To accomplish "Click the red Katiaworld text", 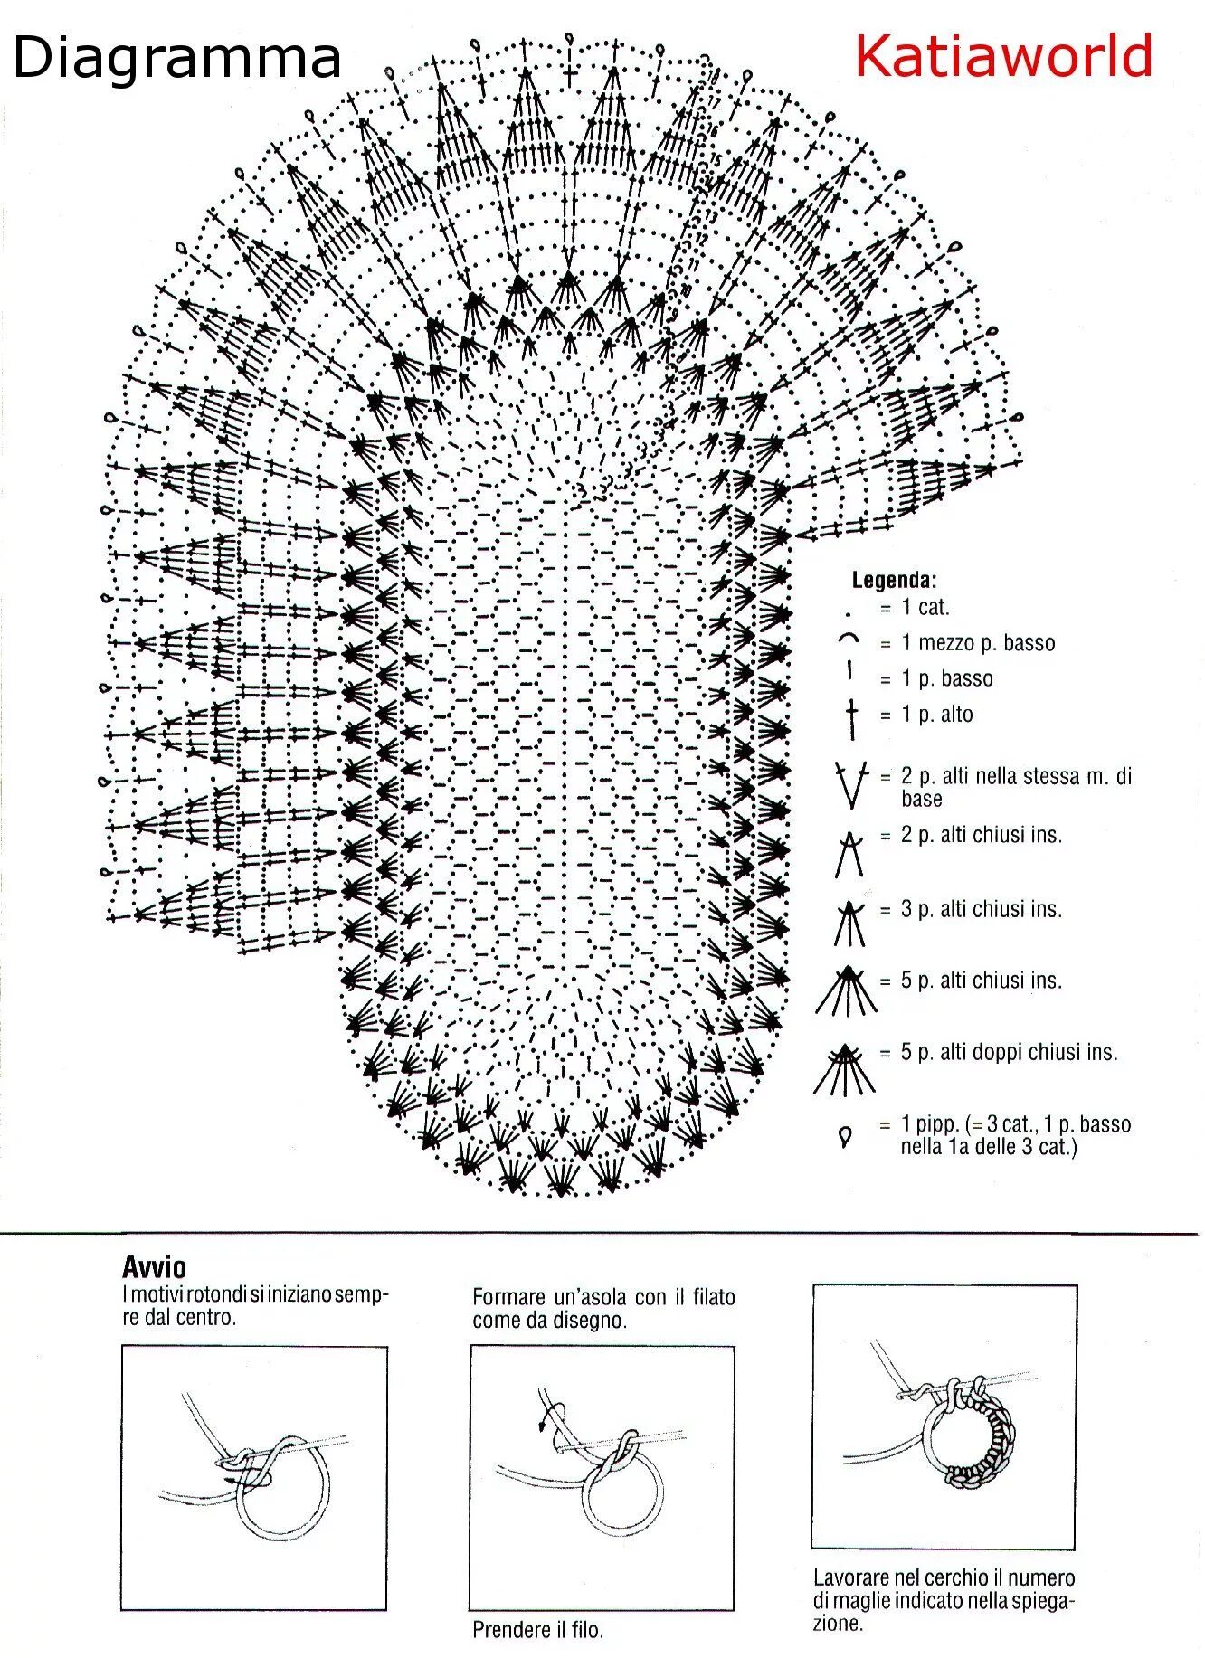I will coord(1003,56).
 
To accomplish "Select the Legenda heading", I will coord(894,580).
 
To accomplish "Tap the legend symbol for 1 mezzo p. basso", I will coord(849,640).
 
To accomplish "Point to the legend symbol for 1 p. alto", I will coord(850,715).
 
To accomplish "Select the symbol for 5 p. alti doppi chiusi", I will coord(845,1068).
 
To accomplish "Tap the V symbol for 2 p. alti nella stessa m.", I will coord(850,783).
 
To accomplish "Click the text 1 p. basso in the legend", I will coord(946,678).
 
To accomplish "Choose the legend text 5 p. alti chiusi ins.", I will coord(981,980).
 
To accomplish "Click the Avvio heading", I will coord(154,1265).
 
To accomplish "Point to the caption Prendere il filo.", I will coord(537,1630).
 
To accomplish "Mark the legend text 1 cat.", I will coord(925,608).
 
